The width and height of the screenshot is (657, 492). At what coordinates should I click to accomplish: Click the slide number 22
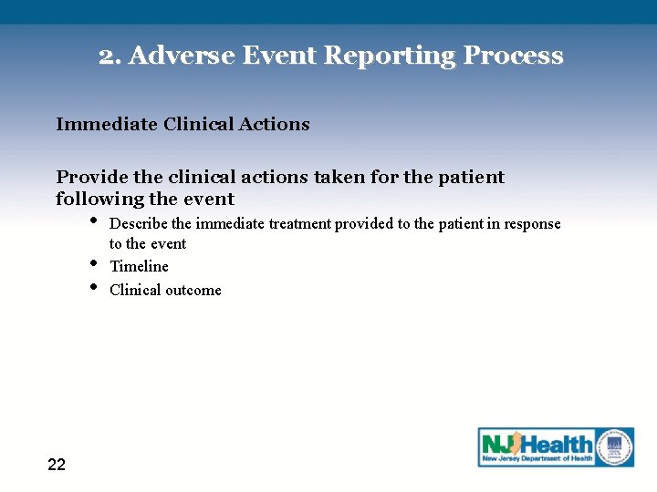(57, 465)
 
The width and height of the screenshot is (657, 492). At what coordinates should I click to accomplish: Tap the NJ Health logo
(555, 447)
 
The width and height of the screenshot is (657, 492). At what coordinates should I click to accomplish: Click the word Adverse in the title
(182, 56)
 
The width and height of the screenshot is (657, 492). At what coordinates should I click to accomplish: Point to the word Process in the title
(513, 56)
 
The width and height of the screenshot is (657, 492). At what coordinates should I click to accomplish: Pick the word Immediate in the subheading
(106, 124)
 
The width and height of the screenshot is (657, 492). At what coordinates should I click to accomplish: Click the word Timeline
(139, 266)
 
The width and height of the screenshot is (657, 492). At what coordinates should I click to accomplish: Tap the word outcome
(193, 290)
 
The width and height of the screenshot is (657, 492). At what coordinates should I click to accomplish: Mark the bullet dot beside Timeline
(95, 264)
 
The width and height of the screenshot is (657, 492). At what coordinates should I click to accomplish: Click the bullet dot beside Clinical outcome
(95, 287)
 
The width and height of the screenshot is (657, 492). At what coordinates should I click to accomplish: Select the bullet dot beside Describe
(95, 221)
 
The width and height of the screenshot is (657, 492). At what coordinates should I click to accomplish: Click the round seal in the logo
(618, 446)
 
